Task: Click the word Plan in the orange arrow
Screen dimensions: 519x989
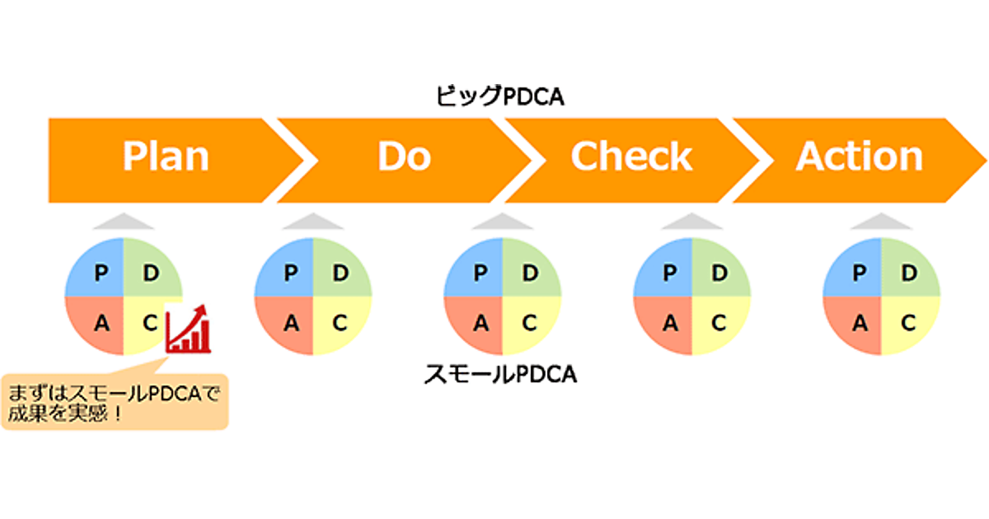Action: [165, 157]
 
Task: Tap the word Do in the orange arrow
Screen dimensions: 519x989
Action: [404, 157]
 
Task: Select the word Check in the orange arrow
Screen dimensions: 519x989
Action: [631, 157]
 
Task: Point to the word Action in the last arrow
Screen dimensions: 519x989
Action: [860, 157]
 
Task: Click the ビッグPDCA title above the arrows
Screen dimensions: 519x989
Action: [499, 96]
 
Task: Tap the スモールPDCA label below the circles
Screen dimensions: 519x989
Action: [500, 375]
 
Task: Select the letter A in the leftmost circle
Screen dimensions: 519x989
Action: [101, 323]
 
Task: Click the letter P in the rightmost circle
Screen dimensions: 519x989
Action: [860, 273]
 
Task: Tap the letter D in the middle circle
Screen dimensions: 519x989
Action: [530, 273]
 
